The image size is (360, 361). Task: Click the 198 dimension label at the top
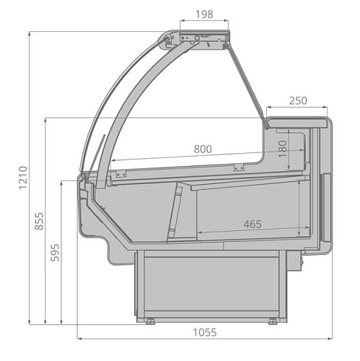[x=204, y=14]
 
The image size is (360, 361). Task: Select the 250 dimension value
[x=298, y=100]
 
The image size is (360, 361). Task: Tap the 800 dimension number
[x=203, y=149]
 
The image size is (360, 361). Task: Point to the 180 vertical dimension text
[x=283, y=149]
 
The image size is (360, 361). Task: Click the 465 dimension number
[x=253, y=225]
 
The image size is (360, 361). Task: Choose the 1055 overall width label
[x=205, y=332]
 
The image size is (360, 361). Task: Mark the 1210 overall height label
[x=24, y=178]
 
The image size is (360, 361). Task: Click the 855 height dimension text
[x=39, y=221]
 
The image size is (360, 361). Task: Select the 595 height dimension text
[x=55, y=253]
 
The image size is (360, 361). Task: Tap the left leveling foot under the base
[x=150, y=321]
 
